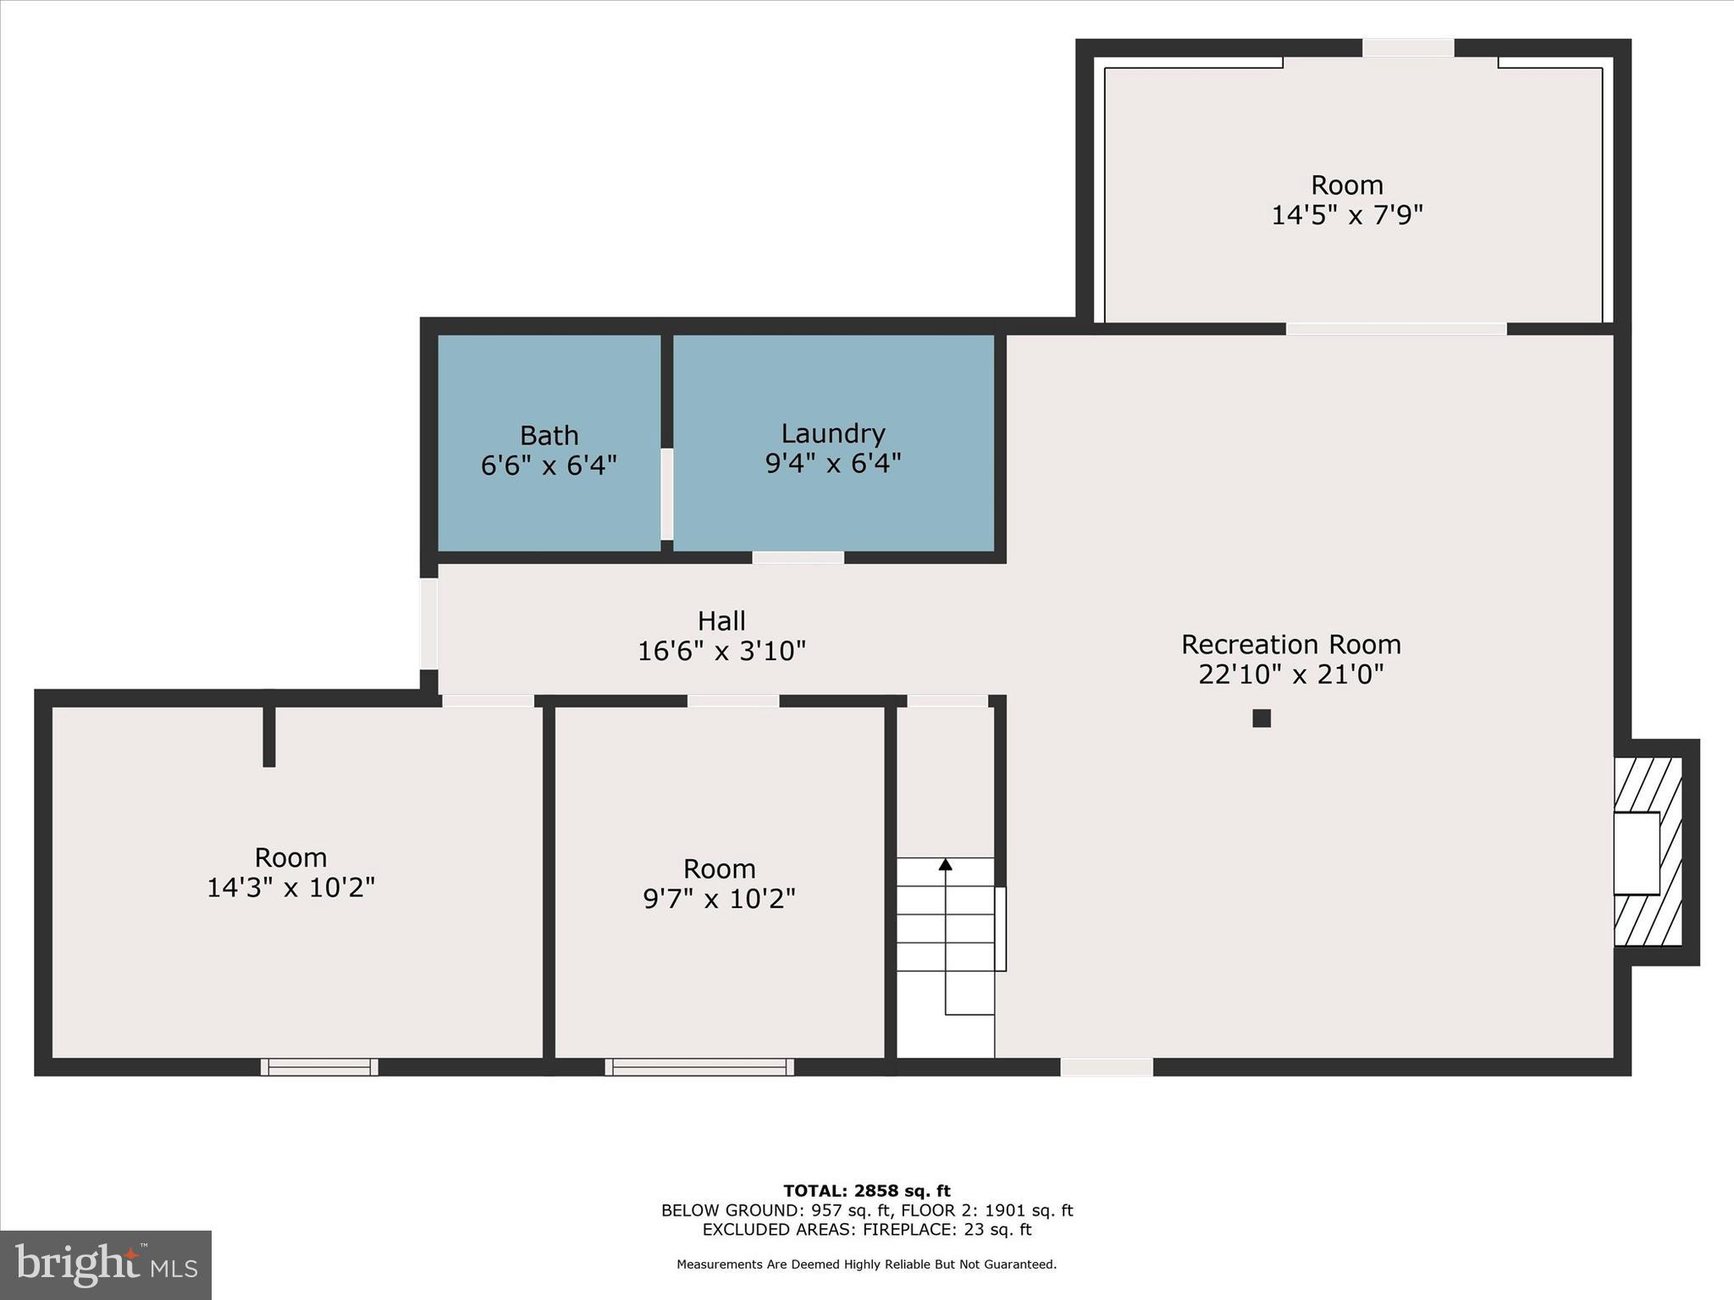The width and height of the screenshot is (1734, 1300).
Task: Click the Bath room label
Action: (549, 436)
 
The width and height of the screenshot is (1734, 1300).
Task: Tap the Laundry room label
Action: (832, 433)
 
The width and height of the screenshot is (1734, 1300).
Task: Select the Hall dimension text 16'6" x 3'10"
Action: (721, 651)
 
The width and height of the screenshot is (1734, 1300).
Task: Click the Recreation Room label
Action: (1290, 645)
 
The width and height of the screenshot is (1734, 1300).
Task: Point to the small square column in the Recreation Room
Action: (1262, 718)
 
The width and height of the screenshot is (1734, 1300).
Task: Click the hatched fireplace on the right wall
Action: (1648, 851)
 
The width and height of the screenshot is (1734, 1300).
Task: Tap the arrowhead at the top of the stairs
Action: (945, 864)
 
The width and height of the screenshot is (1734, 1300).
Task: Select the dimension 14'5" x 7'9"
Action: (1346, 215)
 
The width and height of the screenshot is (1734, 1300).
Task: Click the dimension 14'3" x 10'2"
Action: (290, 888)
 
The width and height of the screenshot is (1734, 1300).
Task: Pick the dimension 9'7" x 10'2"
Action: (719, 899)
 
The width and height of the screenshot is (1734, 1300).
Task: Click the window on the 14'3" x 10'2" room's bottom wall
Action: (319, 1066)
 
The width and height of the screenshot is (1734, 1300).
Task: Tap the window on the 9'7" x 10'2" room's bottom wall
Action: (699, 1066)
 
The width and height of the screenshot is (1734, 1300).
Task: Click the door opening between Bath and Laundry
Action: (667, 494)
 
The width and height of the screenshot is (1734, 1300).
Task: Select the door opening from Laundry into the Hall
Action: (798, 557)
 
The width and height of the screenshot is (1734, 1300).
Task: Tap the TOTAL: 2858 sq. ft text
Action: (866, 1192)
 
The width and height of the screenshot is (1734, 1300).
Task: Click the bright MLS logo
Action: (106, 1264)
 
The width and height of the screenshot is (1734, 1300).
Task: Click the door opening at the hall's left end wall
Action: (429, 624)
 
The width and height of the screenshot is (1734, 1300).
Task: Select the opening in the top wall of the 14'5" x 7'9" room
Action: (1407, 48)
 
